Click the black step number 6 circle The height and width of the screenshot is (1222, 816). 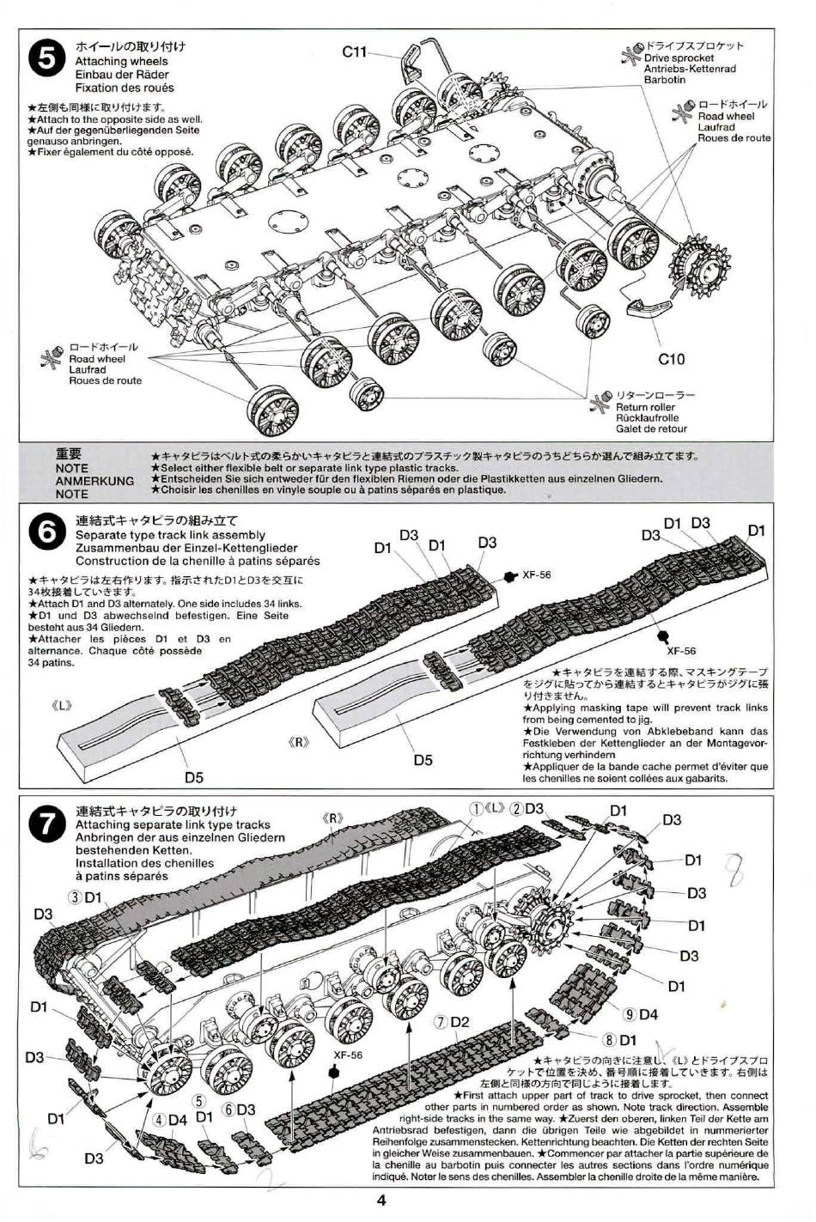46,533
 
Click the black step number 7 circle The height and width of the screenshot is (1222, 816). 46,824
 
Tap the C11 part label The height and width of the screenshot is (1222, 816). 355,52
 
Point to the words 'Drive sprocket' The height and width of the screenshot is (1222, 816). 679,58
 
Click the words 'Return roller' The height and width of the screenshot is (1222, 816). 645,407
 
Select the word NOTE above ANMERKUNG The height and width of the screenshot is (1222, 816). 71,468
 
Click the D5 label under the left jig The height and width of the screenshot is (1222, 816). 194,778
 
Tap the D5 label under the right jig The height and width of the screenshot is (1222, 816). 423,760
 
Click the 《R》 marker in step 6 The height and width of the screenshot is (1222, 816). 298,742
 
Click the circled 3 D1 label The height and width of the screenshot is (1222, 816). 86,897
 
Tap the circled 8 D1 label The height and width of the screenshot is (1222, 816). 619,1042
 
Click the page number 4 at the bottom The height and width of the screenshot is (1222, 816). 380,1201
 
